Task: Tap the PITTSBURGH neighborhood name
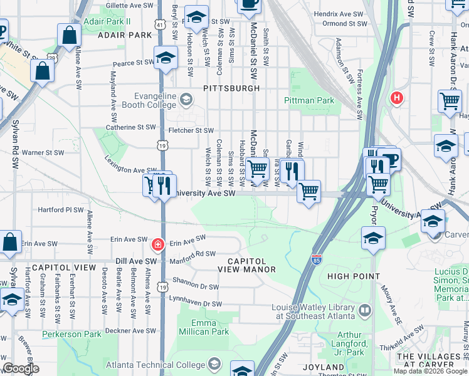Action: pos(231,88)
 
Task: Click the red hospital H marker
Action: pos(396,98)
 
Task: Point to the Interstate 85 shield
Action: pos(317,258)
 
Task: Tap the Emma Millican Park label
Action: pos(204,327)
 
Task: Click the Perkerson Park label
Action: pos(71,335)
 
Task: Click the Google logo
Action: pos(21,368)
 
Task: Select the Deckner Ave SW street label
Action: pos(130,330)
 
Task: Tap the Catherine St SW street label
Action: pos(130,127)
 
